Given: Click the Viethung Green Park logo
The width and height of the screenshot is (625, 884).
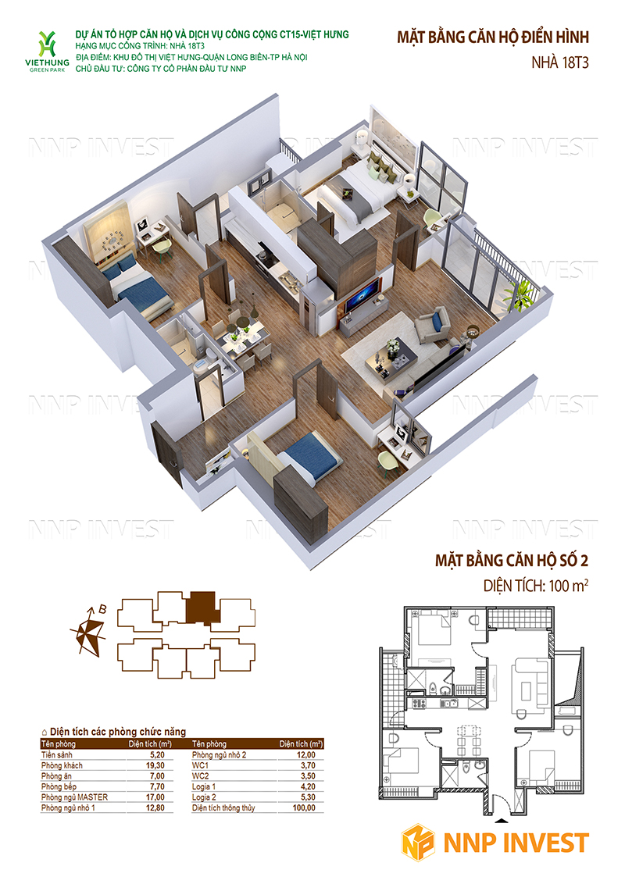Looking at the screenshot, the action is pyautogui.click(x=48, y=52).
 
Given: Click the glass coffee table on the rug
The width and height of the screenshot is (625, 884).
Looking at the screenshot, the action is pyautogui.click(x=391, y=354).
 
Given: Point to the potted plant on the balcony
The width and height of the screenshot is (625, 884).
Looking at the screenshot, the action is pyautogui.click(x=520, y=294).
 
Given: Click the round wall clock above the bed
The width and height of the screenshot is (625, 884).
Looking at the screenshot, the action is pyautogui.click(x=112, y=244).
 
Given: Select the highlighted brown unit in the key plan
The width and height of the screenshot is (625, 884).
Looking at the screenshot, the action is pyautogui.click(x=201, y=608).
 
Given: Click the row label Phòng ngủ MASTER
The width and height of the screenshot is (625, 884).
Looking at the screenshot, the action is pyautogui.click(x=74, y=797).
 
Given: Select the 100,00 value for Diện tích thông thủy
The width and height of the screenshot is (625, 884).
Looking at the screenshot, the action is pyautogui.click(x=304, y=808).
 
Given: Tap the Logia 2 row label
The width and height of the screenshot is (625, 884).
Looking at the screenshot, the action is pyautogui.click(x=204, y=797).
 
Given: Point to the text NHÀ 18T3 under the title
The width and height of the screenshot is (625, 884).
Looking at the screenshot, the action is pyautogui.click(x=559, y=62).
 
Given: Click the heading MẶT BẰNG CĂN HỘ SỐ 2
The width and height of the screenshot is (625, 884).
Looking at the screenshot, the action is pyautogui.click(x=511, y=561).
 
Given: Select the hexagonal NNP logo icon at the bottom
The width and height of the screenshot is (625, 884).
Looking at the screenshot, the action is pyautogui.click(x=418, y=843).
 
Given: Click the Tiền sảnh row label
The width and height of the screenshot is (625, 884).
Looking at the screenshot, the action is pyautogui.click(x=57, y=754).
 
